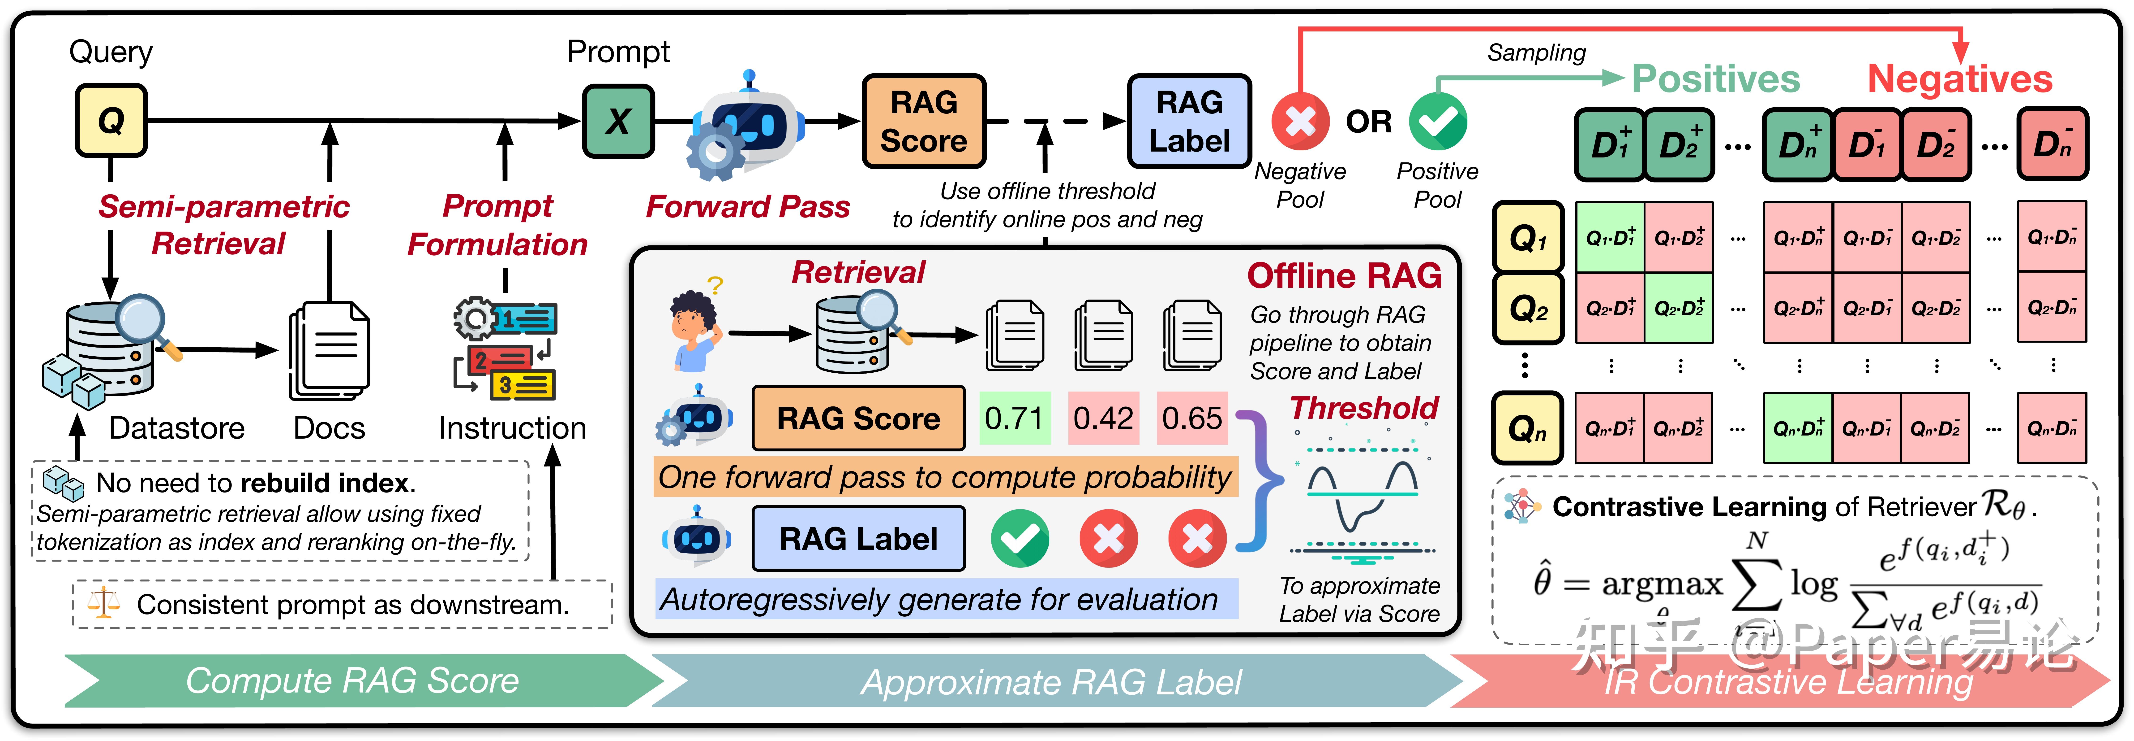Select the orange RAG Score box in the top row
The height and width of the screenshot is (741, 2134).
(924, 121)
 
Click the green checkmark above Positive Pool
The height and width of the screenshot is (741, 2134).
(1438, 121)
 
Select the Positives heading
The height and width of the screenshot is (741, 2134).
(1716, 79)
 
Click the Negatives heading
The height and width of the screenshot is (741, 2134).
(1960, 79)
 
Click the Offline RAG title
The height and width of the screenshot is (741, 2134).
(1344, 275)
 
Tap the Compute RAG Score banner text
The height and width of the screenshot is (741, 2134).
(352, 680)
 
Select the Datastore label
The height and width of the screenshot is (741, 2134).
(176, 428)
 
